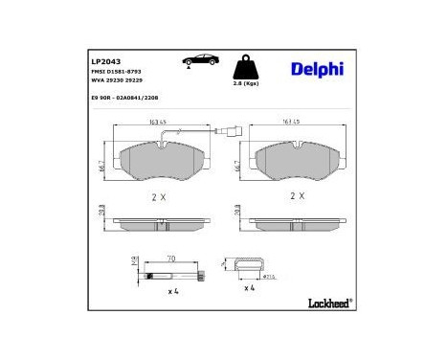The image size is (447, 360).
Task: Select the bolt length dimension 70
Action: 169,259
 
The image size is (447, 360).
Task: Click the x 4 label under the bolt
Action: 174,289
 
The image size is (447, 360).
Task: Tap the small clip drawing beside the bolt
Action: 244,268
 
